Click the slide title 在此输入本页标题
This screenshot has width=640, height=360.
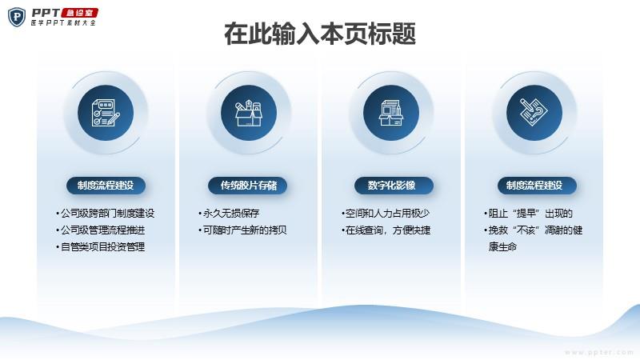click(320, 34)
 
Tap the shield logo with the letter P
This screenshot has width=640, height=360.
click(17, 17)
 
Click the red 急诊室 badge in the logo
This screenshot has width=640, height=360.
click(79, 13)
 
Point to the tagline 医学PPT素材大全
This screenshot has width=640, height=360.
click(64, 23)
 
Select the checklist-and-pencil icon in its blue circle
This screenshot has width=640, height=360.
click(106, 113)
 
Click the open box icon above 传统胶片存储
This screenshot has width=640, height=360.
click(249, 113)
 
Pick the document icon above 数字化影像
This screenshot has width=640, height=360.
click(391, 113)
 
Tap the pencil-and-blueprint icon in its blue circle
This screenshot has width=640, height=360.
click(534, 113)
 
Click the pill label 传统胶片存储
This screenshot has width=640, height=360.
click(248, 186)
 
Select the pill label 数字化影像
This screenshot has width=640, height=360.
click(394, 186)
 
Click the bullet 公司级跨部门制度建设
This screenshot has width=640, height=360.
click(106, 214)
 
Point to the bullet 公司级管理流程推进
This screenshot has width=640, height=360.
click(101, 230)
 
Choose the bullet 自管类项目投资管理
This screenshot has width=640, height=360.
click(101, 247)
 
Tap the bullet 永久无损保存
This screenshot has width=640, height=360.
click(229, 214)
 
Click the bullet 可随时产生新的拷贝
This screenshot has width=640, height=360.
click(242, 230)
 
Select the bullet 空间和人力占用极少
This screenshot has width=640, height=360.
click(386, 214)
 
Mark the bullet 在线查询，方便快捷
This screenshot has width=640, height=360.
click(386, 230)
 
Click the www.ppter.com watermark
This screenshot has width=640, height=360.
click(598, 352)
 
